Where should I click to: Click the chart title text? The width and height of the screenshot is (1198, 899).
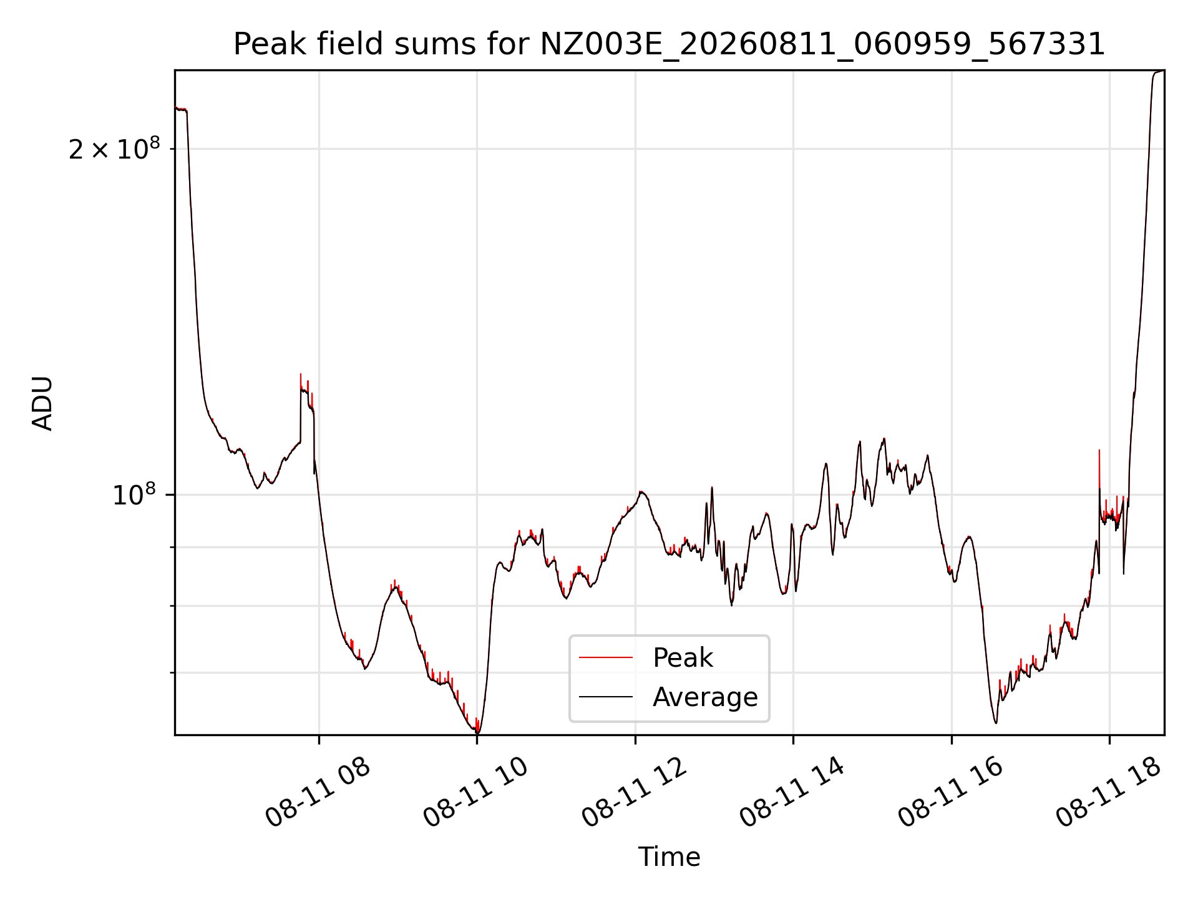669,44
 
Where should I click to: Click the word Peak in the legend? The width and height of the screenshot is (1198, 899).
683,658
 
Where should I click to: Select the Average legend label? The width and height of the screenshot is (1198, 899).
705,697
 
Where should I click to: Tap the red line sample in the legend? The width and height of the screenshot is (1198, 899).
606,657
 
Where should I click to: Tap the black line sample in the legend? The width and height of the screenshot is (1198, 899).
606,697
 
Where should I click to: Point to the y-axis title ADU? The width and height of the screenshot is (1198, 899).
42,403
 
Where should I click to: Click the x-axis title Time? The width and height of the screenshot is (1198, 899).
669,857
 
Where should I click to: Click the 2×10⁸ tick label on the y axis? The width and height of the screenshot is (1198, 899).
114,149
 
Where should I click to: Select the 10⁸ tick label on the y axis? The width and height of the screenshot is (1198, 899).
134,494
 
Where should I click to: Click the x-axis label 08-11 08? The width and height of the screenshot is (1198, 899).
318,793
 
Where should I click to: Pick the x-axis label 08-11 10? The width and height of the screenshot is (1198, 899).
476,793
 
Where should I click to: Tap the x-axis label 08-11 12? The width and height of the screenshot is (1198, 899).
635,793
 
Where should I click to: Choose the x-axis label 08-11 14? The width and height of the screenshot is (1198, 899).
792,793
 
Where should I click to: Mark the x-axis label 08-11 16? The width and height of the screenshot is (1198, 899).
951,793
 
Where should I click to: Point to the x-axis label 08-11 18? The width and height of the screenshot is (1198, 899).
1109,793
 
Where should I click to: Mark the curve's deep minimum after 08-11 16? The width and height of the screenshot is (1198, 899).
996,722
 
